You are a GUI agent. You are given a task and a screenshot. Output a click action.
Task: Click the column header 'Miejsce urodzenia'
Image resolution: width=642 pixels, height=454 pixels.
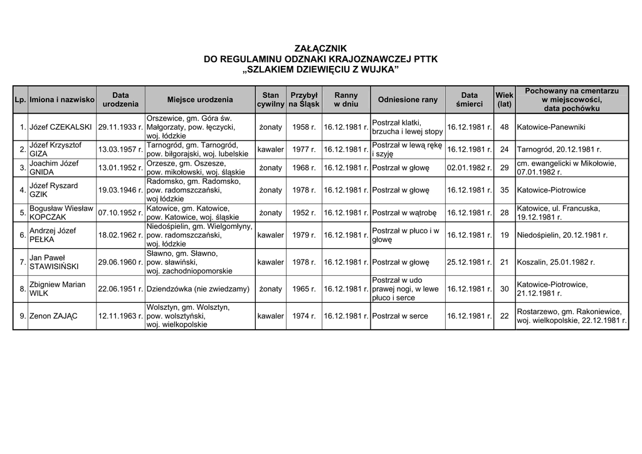200,100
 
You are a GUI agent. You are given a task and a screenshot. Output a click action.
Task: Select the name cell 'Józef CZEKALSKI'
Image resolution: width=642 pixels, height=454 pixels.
61,127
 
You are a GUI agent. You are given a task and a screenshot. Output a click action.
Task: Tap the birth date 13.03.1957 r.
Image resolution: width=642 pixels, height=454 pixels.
120,150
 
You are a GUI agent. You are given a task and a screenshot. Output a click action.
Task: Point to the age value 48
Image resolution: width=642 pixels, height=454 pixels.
504,127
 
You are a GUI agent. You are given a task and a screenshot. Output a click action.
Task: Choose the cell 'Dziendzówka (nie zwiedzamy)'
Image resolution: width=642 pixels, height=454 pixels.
198,289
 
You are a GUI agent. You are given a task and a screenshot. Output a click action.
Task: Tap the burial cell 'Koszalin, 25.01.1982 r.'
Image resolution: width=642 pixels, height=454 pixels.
555,262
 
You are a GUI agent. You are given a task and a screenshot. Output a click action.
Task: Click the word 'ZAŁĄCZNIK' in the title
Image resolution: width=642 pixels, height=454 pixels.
320,48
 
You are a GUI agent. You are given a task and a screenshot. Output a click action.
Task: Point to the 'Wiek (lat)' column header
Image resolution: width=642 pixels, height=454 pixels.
504,100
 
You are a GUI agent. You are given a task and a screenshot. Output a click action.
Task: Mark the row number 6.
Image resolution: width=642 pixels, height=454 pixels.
22,235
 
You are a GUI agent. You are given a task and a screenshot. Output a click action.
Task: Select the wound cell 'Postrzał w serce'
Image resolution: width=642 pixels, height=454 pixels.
400,316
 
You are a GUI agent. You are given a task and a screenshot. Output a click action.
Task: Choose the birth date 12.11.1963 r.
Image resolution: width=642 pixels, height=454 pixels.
120,316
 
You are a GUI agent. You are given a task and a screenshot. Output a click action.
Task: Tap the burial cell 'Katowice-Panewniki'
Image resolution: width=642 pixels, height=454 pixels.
551,127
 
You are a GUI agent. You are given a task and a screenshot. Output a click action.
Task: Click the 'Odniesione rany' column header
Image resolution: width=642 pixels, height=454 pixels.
408,100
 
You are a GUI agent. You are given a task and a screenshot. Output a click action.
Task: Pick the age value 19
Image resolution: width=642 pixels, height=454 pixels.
504,235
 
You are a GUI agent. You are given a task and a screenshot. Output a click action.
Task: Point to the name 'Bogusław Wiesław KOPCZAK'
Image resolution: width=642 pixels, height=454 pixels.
61,213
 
